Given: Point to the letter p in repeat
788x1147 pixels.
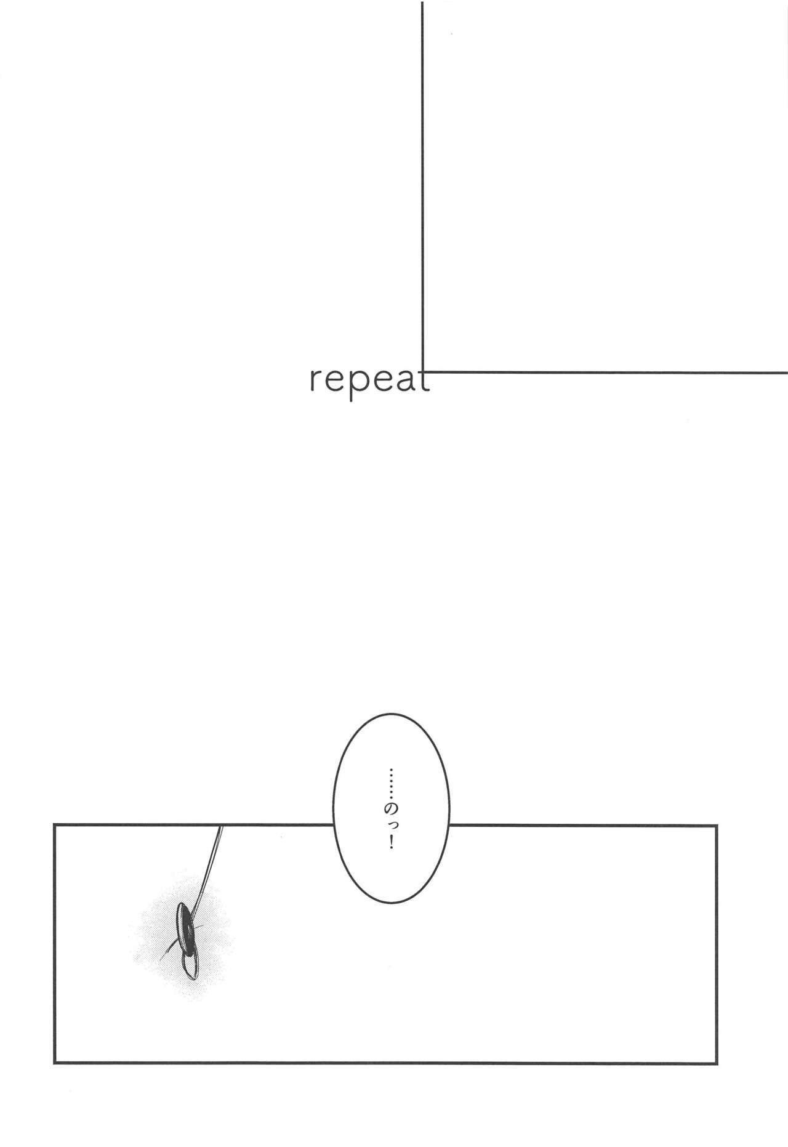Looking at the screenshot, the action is pos(358,386).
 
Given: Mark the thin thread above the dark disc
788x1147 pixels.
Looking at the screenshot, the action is pos(209,865).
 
